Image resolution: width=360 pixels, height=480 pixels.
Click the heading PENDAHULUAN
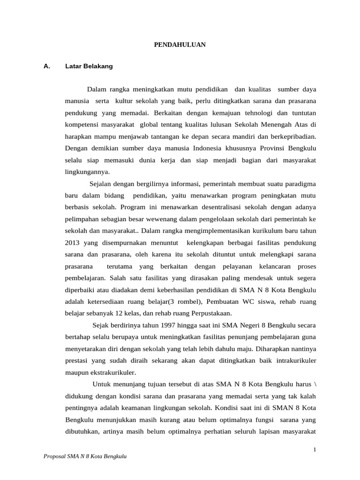click(180, 45)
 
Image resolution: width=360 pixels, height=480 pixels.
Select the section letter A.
click(46, 67)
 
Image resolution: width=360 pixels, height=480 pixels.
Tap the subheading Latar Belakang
click(89, 67)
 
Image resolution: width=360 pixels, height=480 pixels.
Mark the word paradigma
click(297, 183)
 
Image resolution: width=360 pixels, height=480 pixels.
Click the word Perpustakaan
click(209, 313)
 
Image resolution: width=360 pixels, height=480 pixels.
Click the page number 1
click(315, 450)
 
